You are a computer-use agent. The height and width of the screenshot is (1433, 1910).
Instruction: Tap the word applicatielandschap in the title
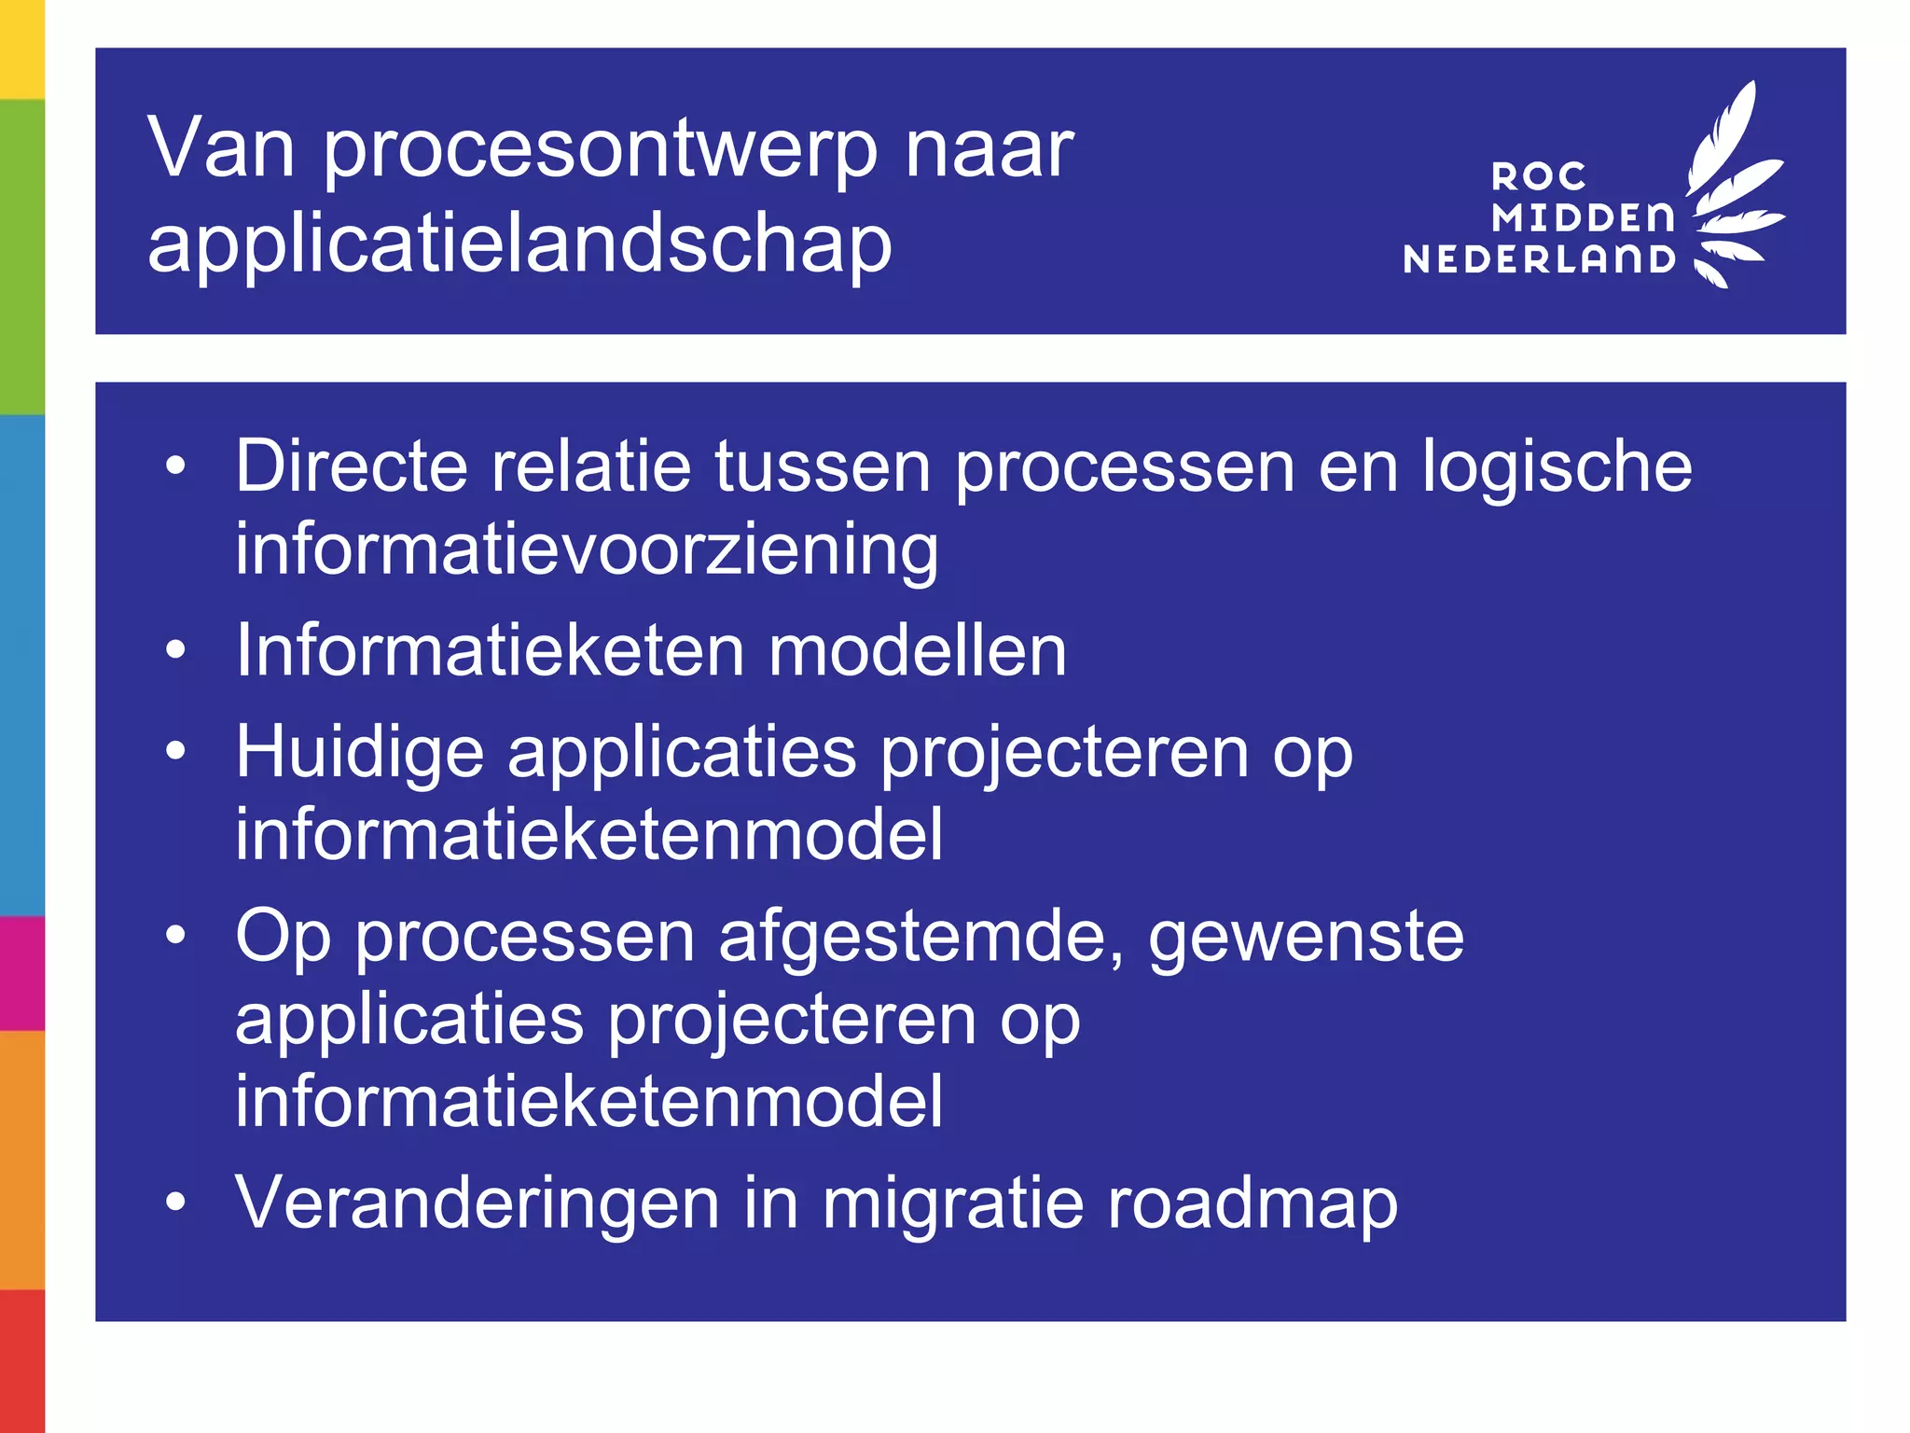click(x=519, y=244)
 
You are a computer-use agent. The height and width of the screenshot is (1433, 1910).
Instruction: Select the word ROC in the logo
click(x=1539, y=176)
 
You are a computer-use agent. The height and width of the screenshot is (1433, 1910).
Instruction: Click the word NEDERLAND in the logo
click(x=1539, y=259)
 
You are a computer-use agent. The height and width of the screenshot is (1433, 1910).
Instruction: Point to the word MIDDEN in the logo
click(x=1583, y=217)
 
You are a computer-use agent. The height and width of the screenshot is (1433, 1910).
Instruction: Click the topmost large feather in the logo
click(x=1725, y=131)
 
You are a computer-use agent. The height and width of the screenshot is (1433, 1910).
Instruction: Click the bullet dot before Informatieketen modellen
click(x=175, y=649)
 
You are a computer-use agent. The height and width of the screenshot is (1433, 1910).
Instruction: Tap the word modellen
click(x=917, y=650)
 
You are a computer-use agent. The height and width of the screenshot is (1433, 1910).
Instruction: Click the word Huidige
click(x=360, y=752)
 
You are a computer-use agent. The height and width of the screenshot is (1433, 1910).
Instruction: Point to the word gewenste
click(x=1306, y=936)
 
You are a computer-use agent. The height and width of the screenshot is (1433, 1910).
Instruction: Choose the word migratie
click(x=952, y=1203)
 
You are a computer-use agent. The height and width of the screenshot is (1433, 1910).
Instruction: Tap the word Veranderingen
click(x=477, y=1203)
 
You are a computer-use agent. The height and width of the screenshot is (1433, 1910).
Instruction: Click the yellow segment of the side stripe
click(x=21, y=49)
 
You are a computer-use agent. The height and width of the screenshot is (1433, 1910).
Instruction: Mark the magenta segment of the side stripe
click(x=21, y=972)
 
